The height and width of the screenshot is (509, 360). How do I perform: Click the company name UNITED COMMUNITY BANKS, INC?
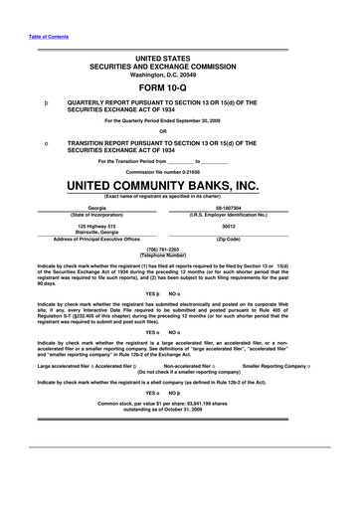(180, 185)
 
